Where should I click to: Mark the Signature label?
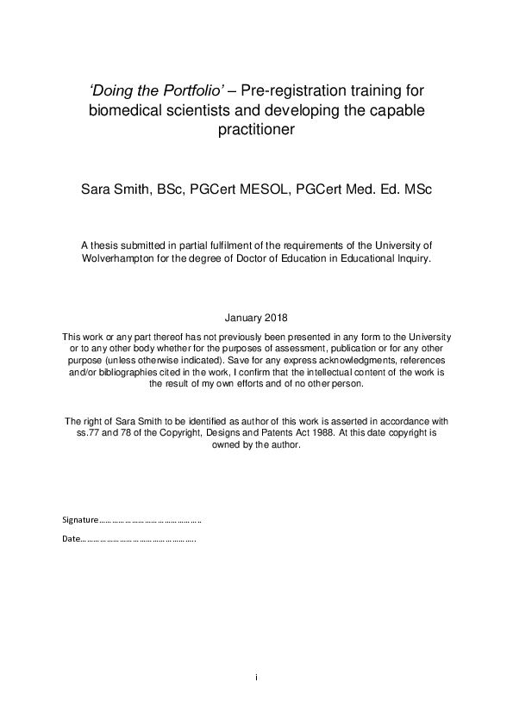click(x=81, y=520)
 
